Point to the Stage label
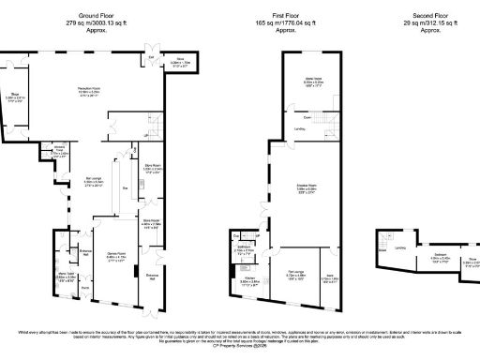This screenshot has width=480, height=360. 15,93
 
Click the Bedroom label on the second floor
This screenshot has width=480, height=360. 440,253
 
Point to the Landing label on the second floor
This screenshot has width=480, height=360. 400,247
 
